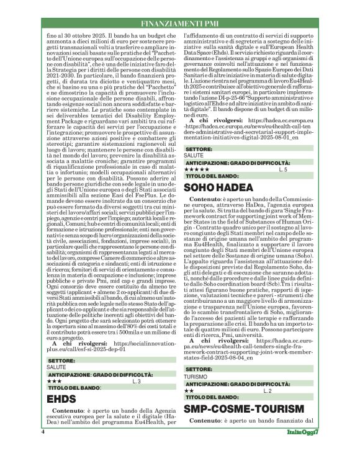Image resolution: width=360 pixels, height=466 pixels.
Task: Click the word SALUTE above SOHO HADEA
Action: (194, 155)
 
